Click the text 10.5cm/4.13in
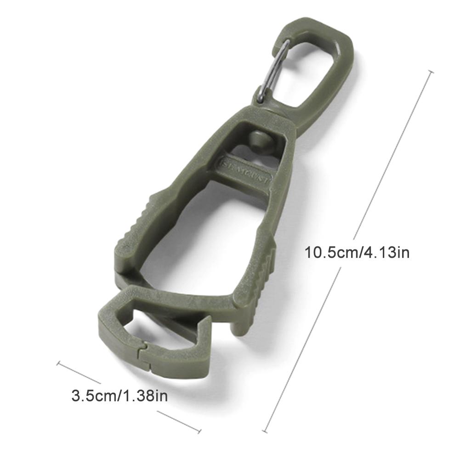pos(357,252)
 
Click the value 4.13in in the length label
pos(385,252)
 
